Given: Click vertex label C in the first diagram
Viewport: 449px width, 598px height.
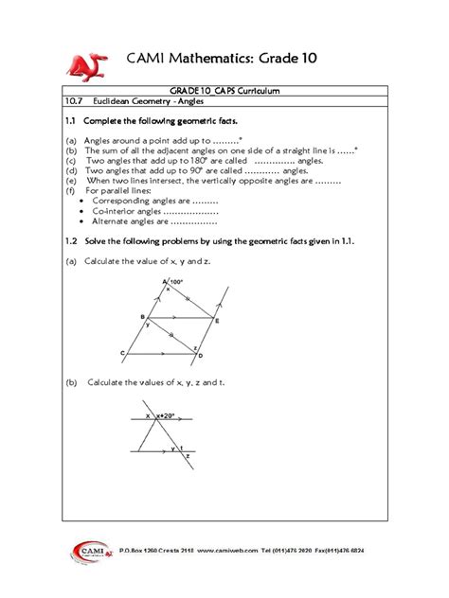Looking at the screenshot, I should (123, 353).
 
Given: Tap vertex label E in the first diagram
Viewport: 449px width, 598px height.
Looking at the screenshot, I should (216, 322).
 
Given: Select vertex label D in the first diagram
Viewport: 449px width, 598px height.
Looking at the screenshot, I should (200, 356).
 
